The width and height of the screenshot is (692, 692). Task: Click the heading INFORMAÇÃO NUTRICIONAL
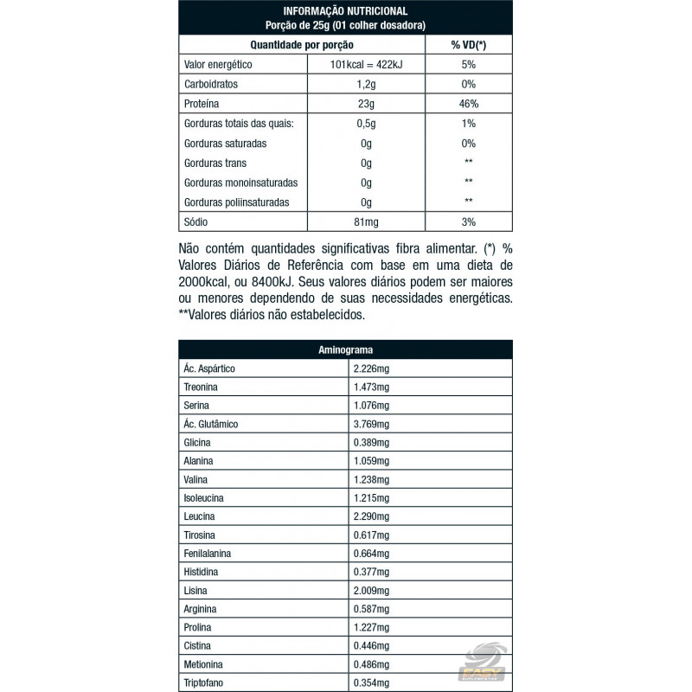pos(346,10)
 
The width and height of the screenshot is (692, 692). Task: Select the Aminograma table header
pos(345,350)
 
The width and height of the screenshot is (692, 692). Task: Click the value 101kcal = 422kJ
pos(366,65)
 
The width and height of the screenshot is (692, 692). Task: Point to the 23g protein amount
pos(366,104)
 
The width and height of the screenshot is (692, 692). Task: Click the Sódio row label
pos(197,223)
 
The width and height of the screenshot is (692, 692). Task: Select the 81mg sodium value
pos(366,223)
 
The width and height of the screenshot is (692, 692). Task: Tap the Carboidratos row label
pos(211,85)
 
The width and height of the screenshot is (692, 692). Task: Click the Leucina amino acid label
pos(200,516)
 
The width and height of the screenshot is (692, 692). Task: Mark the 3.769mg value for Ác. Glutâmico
pos(373,424)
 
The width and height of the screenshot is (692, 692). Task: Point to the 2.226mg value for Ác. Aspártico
pos(373,368)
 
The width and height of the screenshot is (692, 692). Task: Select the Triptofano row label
pos(204,682)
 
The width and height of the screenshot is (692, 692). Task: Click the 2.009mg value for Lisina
pos(373,590)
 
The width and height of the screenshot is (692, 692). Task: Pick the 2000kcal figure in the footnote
pos(205,282)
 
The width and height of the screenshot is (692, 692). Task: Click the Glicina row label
pos(198,442)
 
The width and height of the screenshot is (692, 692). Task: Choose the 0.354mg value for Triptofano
pos(373,682)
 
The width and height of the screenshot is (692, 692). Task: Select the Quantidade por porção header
pos(302,45)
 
